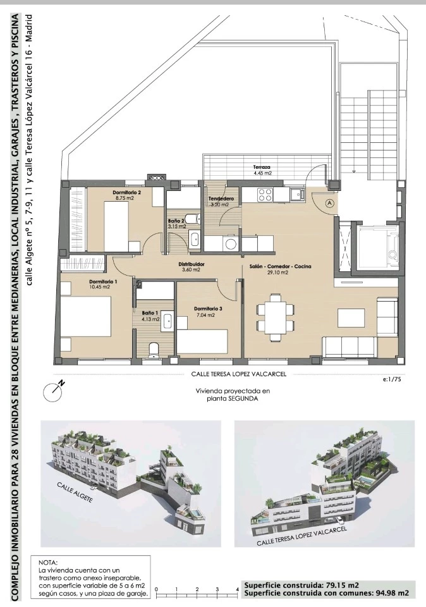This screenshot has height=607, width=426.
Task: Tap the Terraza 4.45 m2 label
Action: pos(262,170)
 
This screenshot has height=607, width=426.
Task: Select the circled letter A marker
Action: pos(330,202)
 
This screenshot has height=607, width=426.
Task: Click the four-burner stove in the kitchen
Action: pos(265,194)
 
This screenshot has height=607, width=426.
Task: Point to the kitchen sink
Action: pos(297,193)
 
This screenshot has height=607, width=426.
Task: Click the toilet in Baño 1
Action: pos(154,349)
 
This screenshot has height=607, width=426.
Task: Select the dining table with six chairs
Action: pos(275,317)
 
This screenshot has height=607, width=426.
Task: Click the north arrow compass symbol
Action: pos(53,391)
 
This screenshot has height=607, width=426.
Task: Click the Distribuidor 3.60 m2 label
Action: pos(191,267)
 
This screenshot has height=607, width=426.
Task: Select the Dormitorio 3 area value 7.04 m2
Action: pos(205,315)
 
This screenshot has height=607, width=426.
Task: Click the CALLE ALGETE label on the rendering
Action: pos(75,493)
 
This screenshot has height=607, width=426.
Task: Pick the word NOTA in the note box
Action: pos(48,563)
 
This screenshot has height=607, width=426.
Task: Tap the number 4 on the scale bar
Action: pos(238,589)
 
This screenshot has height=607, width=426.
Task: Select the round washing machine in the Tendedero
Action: pos(231,244)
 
